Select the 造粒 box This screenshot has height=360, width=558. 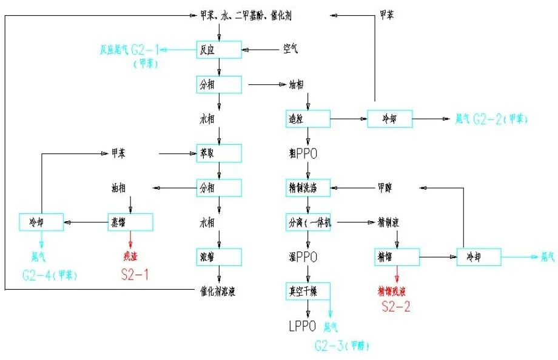(x=308, y=119)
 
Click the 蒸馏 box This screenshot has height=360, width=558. (x=130, y=222)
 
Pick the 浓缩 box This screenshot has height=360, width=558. (x=219, y=256)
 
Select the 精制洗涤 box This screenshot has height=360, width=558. (x=308, y=188)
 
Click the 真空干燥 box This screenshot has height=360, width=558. (x=308, y=292)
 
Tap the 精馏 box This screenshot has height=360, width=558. (x=397, y=257)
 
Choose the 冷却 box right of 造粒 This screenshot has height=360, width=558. (x=389, y=119)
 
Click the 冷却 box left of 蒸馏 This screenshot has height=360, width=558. (x=41, y=222)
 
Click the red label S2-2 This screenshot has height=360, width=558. (x=396, y=307)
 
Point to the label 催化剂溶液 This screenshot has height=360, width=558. (x=219, y=291)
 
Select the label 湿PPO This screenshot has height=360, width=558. (x=303, y=257)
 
